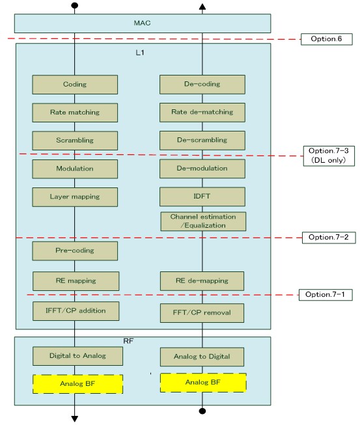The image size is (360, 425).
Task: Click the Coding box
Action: [x=75, y=85]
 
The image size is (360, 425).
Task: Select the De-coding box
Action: [x=202, y=85]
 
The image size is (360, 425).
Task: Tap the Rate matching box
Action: [x=75, y=113]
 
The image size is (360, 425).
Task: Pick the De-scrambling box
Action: [x=202, y=141]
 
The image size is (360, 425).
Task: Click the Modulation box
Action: [x=75, y=169]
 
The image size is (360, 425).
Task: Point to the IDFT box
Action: [x=202, y=197]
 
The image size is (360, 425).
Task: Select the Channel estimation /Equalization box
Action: [x=202, y=221]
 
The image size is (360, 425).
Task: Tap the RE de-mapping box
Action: [x=202, y=281]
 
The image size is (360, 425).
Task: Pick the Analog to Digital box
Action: [x=202, y=357]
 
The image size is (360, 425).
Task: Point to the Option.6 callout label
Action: [x=327, y=40]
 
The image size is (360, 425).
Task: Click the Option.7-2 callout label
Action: [x=329, y=238]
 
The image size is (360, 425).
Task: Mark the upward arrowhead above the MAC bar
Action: [x=202, y=7]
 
